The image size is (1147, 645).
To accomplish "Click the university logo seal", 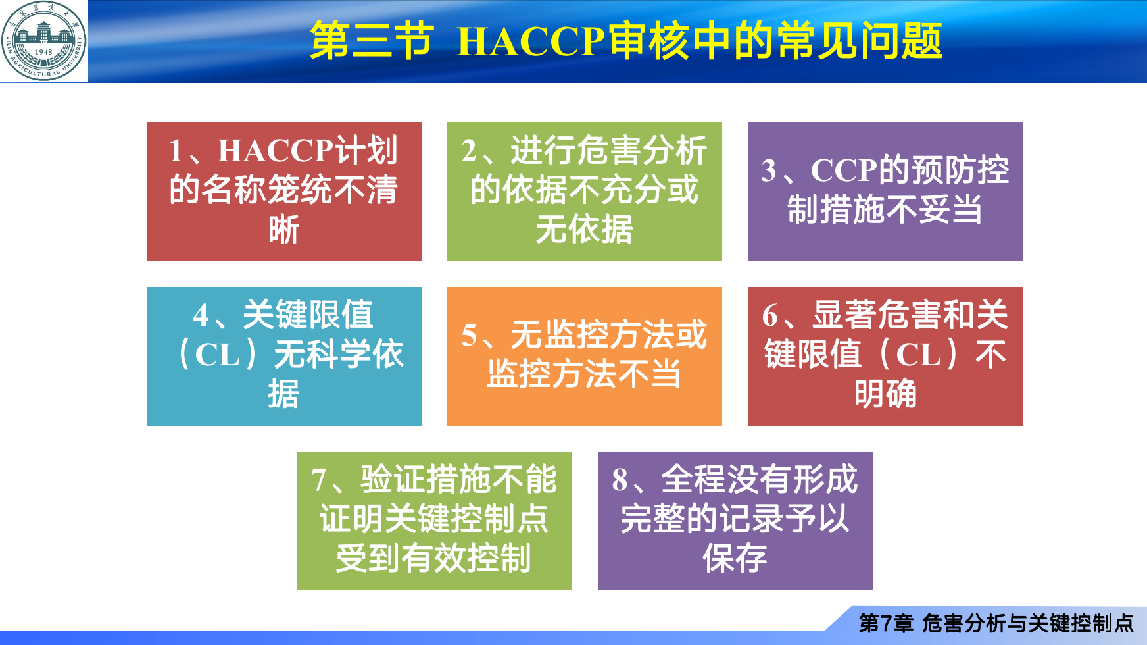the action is click(x=43, y=41).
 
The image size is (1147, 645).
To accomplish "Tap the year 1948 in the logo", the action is click(x=43, y=51).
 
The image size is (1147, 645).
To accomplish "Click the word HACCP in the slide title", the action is click(x=530, y=41).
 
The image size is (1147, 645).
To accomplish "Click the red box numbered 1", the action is click(x=284, y=192).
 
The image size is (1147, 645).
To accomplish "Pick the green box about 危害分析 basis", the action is click(x=585, y=192).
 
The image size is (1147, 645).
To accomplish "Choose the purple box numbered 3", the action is click(x=886, y=192).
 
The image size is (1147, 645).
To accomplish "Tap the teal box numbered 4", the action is click(x=284, y=356).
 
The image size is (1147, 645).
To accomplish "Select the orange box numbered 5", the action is click(x=585, y=356).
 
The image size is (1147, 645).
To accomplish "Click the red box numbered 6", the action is click(x=886, y=356).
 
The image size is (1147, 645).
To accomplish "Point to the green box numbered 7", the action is click(x=434, y=521).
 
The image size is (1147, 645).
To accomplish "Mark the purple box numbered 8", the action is click(x=735, y=521).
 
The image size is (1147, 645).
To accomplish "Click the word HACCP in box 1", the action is click(x=276, y=151).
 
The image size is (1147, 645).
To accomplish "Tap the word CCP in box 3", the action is click(x=844, y=170).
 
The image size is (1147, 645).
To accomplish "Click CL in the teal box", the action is click(x=218, y=355).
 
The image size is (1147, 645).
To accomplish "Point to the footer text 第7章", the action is click(x=886, y=623).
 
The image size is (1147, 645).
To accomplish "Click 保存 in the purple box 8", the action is click(x=735, y=559).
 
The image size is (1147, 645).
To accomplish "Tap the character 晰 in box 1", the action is click(x=284, y=230).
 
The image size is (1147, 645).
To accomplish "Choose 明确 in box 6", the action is click(x=886, y=394).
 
